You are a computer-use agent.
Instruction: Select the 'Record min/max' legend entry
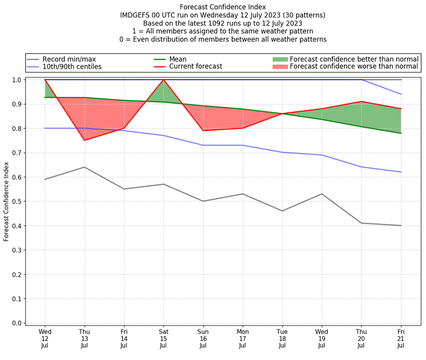tap(69, 59)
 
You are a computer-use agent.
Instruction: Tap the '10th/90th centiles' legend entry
tap(72, 67)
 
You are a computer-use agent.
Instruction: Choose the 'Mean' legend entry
tap(178, 59)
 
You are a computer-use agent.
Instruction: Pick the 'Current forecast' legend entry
tap(195, 67)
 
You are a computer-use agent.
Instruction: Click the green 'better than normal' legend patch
tap(280, 59)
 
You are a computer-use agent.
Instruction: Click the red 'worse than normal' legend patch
tap(280, 67)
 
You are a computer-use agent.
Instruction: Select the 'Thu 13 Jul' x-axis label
tap(84, 338)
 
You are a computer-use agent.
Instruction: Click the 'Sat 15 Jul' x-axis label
tap(163, 338)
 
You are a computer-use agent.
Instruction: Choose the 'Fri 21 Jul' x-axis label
tap(400, 338)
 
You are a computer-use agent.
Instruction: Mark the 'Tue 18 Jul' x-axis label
tap(282, 338)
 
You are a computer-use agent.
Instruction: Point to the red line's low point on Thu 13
tap(84, 140)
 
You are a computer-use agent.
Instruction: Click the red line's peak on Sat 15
tap(163, 80)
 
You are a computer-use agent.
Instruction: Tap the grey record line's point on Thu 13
tap(84, 167)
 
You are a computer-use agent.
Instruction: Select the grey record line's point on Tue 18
tap(282, 211)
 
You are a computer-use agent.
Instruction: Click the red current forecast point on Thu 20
tap(361, 101)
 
